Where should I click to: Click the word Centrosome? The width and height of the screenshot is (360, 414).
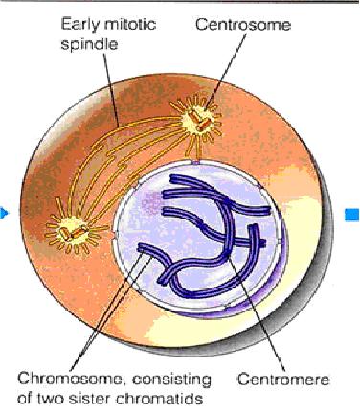[x=243, y=25]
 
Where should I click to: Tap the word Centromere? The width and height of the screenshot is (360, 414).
[x=283, y=379]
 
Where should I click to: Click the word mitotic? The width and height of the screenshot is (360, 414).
[x=130, y=24]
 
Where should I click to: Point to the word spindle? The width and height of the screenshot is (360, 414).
[x=89, y=44]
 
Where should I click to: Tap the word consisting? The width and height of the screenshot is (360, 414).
[x=171, y=380]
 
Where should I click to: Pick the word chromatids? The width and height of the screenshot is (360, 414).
[x=161, y=399]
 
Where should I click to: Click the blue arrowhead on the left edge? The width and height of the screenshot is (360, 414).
[x=3, y=213]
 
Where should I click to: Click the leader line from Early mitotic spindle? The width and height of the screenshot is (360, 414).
[x=111, y=89]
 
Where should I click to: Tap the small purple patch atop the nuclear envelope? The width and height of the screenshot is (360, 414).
[x=196, y=162]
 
